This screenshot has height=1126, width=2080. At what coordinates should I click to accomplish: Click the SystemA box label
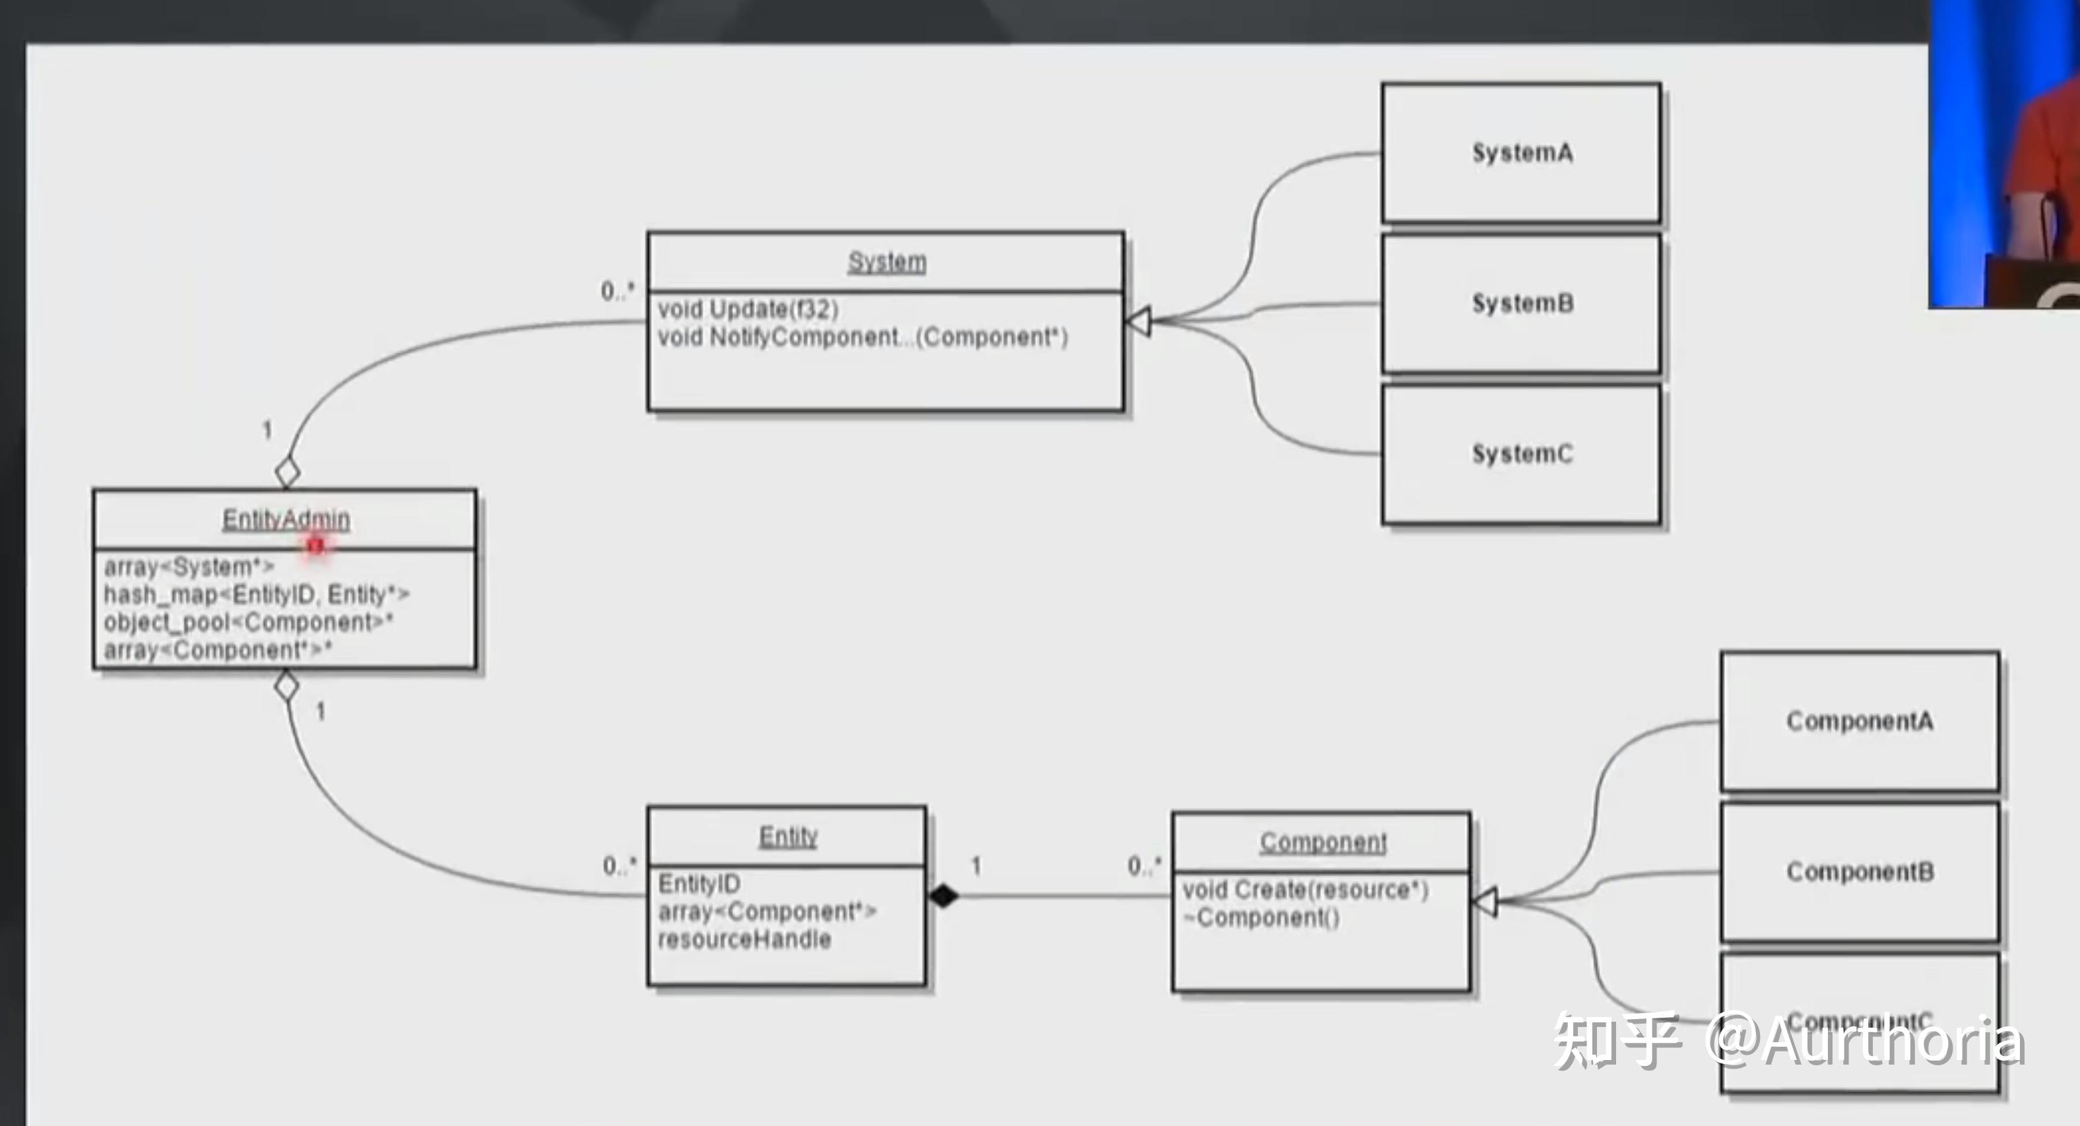tap(1522, 152)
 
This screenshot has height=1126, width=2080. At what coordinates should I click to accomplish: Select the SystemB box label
tap(1522, 304)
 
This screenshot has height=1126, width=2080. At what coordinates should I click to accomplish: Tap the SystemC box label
tap(1522, 454)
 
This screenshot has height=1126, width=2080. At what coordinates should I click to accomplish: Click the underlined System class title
tap(887, 262)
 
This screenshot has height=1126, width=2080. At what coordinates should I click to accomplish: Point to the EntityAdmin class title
tap(286, 519)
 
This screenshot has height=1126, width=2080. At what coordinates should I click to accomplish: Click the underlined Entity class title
tap(788, 836)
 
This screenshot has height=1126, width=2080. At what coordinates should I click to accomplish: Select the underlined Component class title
tap(1322, 842)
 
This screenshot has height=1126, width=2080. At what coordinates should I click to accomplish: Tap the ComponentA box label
tap(1860, 721)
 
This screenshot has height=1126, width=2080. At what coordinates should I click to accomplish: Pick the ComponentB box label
tap(1860, 871)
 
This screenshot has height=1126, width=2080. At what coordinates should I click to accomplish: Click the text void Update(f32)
tap(748, 310)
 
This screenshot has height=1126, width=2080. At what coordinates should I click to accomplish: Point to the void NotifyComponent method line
tap(862, 337)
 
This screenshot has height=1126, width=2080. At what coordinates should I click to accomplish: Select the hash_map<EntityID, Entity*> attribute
tap(256, 595)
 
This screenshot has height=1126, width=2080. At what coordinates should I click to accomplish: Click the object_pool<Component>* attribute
tap(248, 622)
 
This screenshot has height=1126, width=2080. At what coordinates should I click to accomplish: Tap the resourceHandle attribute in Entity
tap(744, 939)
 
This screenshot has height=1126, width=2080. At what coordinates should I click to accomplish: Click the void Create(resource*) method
tap(1305, 890)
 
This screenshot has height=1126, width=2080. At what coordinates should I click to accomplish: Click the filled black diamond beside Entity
tap(943, 896)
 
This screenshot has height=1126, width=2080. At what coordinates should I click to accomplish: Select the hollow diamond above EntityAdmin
tap(288, 473)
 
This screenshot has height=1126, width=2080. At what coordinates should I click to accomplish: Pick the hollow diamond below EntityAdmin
tap(286, 686)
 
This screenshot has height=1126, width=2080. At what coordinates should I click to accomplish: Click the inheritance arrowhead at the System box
tap(1138, 321)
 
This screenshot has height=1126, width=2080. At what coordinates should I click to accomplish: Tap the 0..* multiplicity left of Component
tap(1144, 866)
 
